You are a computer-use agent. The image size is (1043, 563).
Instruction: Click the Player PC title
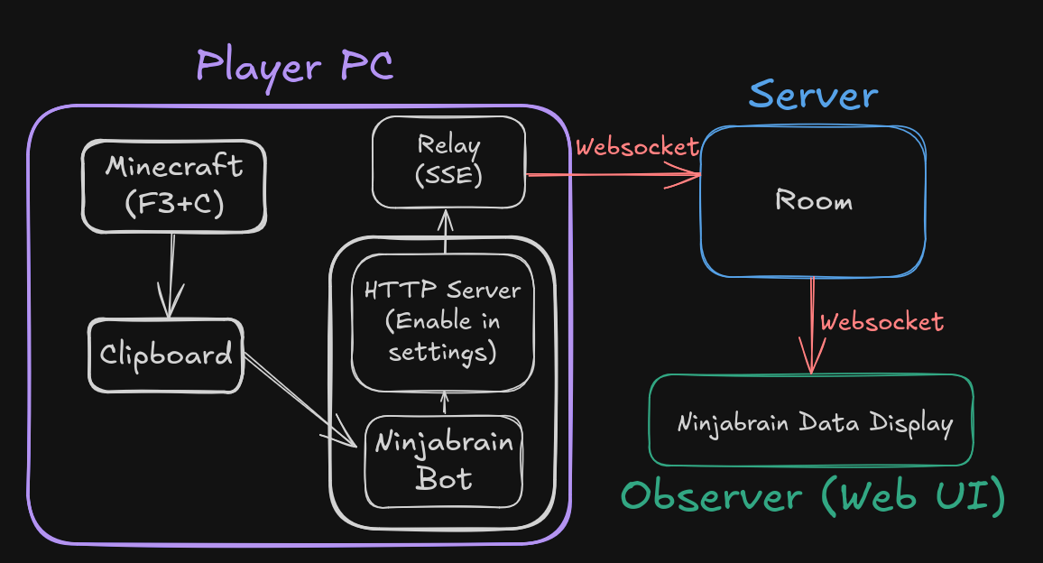(x=294, y=67)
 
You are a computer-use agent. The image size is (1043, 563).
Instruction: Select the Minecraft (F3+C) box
(x=173, y=185)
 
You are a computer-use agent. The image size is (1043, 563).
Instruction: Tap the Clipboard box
(x=166, y=355)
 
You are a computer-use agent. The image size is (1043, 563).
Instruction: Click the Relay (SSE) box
(x=448, y=161)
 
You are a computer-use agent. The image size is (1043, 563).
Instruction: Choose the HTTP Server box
(x=442, y=321)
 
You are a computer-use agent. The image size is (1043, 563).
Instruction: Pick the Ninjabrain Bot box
(x=443, y=460)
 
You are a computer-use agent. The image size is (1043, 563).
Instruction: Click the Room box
(x=813, y=200)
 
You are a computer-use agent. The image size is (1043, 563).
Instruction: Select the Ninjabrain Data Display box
(x=811, y=422)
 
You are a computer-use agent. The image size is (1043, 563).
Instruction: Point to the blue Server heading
(x=813, y=96)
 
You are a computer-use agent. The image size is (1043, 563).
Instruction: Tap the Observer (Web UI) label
(x=813, y=497)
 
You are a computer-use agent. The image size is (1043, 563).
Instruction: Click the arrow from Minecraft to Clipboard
(x=171, y=274)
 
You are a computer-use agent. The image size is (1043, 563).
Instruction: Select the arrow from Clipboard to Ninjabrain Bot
(x=299, y=400)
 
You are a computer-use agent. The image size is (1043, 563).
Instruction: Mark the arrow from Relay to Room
(x=614, y=174)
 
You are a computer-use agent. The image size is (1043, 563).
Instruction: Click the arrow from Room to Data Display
(x=811, y=325)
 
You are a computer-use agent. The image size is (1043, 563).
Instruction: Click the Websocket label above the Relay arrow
(x=637, y=146)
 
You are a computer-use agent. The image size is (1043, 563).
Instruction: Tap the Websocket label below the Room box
(x=881, y=321)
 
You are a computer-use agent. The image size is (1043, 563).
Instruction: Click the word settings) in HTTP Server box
(x=442, y=352)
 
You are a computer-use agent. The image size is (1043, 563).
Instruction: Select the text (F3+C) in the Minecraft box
(x=173, y=204)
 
